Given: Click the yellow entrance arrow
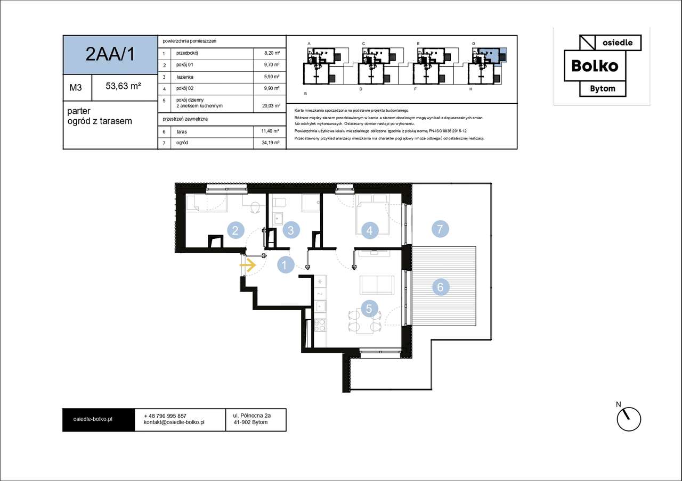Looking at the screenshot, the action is (248, 265).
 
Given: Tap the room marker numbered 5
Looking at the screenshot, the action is (369, 309).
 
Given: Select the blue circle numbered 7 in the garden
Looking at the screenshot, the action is (440, 229).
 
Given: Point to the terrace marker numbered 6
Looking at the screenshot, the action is (441, 287).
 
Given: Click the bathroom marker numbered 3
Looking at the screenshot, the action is (291, 230).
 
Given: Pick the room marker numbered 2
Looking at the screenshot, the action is (236, 230).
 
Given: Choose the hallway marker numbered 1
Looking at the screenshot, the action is (286, 265).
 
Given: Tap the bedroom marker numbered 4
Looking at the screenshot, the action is (370, 230).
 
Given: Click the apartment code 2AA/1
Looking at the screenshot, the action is (110, 54).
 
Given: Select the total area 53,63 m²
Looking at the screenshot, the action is (123, 86).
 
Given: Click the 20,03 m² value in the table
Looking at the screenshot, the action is (271, 106).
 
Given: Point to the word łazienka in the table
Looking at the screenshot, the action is (185, 77).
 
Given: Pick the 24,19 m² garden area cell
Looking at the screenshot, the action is (271, 143).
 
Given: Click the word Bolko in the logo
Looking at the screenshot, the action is (595, 66).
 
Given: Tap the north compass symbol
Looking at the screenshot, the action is (628, 418).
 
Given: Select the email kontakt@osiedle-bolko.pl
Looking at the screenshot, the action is (174, 422).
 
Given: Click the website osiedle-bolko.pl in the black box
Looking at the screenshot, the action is (93, 419).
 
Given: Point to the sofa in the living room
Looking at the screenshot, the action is (377, 285).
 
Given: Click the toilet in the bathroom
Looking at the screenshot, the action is (279, 203).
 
